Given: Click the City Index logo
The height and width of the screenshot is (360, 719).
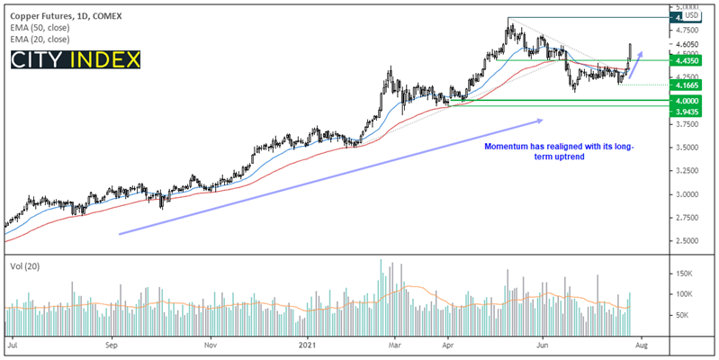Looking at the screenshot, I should click(76, 61).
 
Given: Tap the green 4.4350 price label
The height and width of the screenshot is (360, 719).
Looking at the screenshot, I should click(688, 60).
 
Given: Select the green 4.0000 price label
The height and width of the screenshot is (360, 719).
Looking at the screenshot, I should click(688, 101).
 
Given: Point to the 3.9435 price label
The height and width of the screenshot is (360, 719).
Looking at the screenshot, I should click(688, 112).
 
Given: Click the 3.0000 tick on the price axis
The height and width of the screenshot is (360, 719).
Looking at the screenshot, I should click(688, 194).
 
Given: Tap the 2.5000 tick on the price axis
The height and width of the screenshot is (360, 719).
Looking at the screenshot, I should click(688, 241).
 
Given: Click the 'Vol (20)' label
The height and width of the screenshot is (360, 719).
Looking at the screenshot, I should click(22, 267).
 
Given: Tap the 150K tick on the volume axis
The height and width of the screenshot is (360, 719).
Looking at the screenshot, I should click(687, 273).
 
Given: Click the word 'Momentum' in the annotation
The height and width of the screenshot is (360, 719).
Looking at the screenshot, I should click(508, 146).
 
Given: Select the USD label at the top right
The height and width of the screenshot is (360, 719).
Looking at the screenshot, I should click(691, 15).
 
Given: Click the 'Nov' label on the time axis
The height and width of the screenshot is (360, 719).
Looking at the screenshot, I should click(210, 345).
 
